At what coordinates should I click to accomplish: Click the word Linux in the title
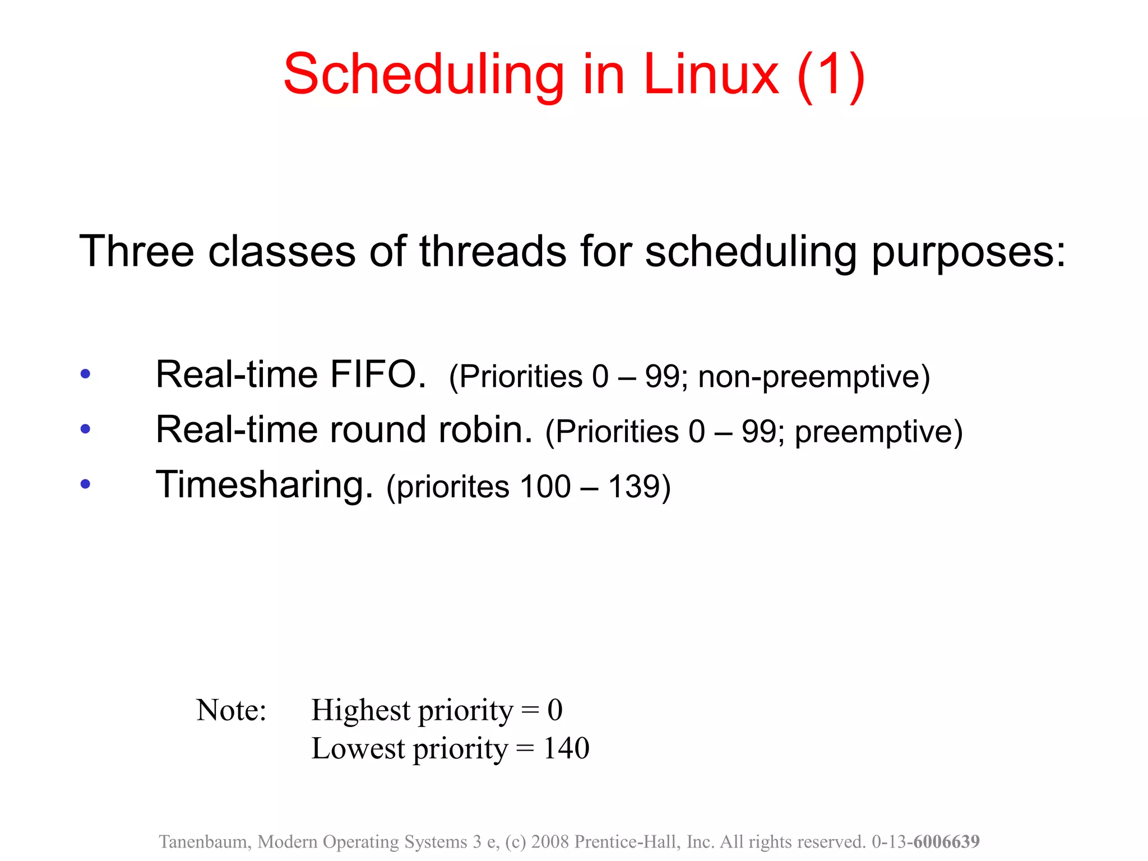[711, 75]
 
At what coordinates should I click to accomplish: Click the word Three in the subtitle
[136, 252]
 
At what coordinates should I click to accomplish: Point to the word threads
[493, 252]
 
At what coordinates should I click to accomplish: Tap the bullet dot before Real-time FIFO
[85, 374]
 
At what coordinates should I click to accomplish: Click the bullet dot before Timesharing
[85, 484]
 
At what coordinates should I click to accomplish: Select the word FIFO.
[377, 374]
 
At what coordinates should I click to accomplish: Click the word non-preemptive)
[814, 377]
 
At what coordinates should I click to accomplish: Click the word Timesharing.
[264, 485]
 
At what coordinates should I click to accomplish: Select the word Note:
[231, 711]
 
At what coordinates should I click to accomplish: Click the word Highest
[361, 711]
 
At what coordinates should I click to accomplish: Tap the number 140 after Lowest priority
[566, 748]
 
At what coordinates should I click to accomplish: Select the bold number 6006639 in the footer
[946, 842]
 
